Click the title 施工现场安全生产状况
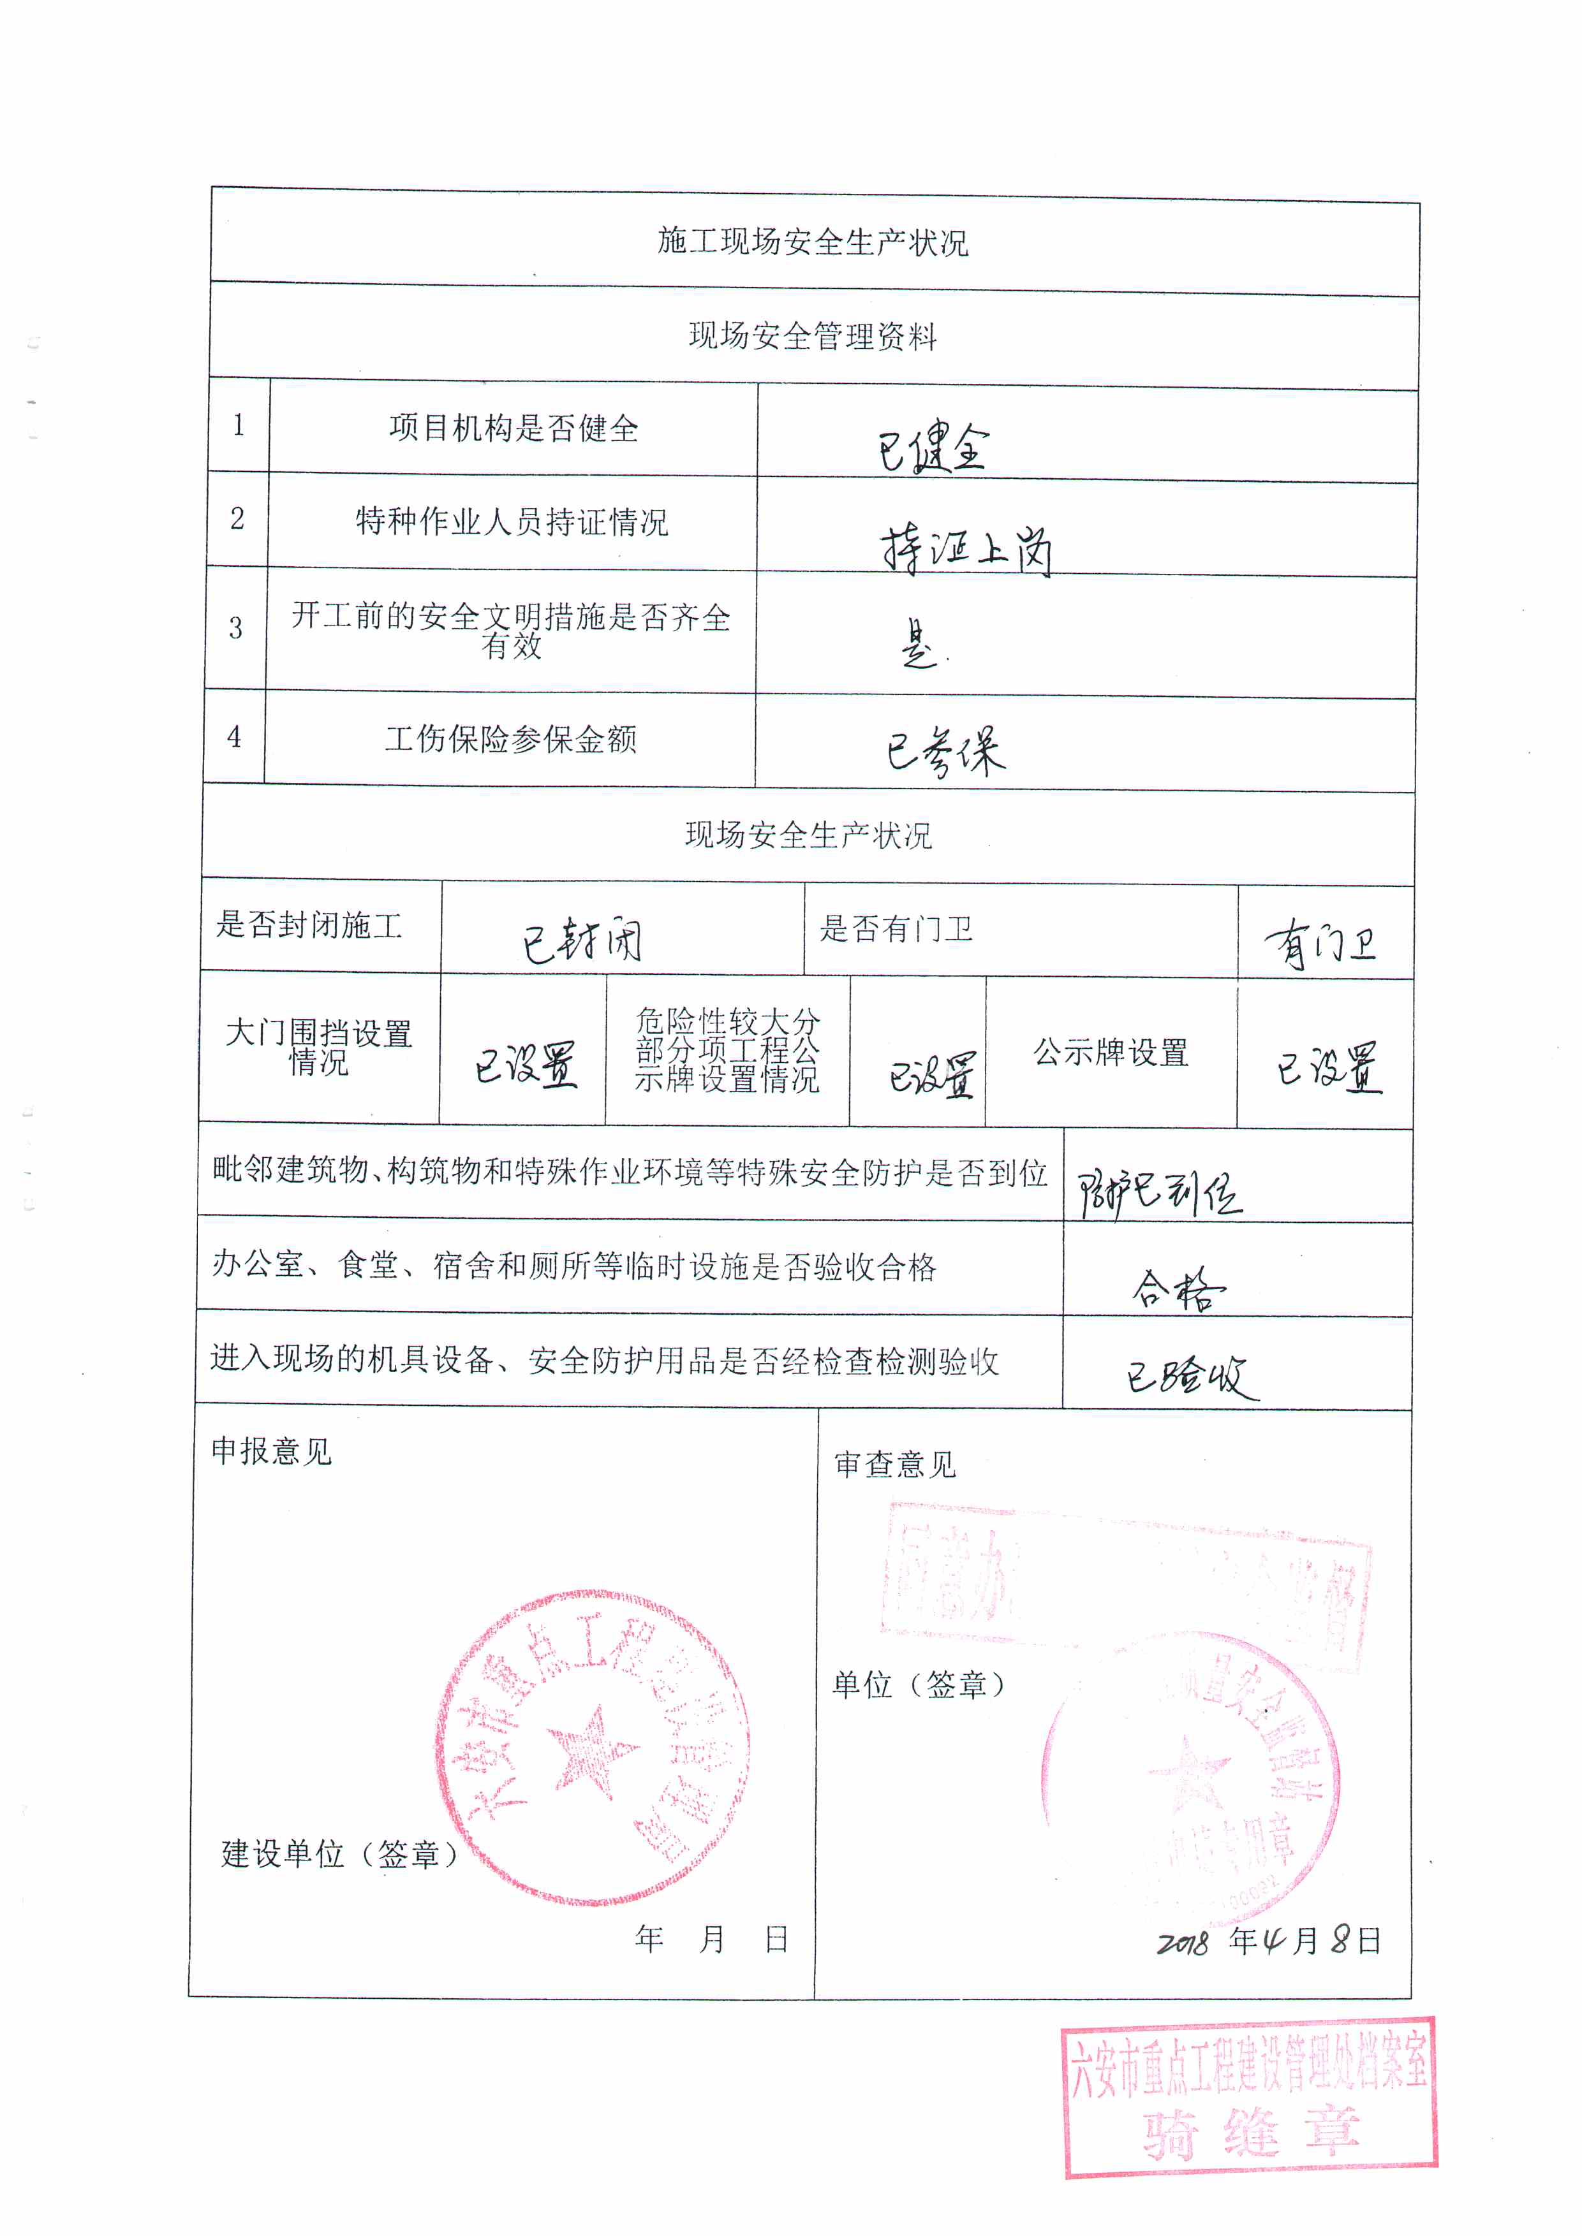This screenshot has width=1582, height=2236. [813, 242]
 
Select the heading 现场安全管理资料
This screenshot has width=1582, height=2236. [813, 337]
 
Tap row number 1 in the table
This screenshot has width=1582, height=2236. [239, 425]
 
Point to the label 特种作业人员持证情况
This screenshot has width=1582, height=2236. [512, 522]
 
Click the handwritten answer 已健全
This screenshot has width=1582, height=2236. [933, 449]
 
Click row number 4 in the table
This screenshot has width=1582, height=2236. [235, 737]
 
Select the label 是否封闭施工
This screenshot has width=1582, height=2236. [309, 925]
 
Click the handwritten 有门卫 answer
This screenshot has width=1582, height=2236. [1320, 945]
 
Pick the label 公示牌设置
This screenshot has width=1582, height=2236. [1111, 1053]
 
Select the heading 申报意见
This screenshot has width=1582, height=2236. [272, 1452]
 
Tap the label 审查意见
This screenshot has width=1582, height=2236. [895, 1465]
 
